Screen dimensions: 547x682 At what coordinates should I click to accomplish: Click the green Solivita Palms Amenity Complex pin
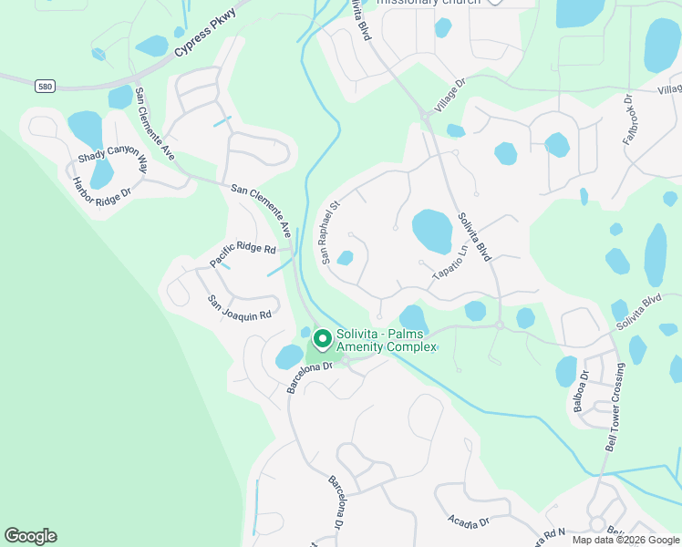[x=322, y=339]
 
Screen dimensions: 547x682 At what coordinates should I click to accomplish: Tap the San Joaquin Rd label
[x=240, y=308]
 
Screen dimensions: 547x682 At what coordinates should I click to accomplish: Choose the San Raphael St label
[x=329, y=232]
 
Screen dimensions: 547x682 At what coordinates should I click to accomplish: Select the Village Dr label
[x=449, y=95]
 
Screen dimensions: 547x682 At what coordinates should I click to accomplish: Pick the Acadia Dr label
[x=470, y=521]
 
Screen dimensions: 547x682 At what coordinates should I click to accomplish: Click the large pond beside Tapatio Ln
[x=431, y=231]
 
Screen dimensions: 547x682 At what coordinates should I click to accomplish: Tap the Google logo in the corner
[x=30, y=536]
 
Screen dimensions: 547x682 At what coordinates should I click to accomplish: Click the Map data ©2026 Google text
[x=625, y=540]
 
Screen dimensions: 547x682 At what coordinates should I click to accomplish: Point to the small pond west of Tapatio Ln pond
[x=345, y=258]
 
